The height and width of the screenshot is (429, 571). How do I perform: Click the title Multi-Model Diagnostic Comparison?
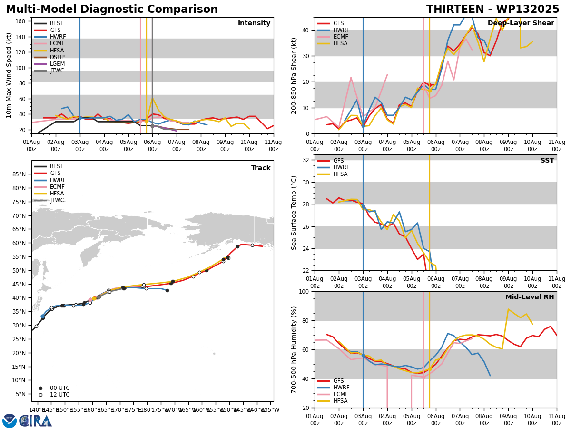tap(112, 9)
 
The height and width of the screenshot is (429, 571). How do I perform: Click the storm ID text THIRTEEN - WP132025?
tap(492, 9)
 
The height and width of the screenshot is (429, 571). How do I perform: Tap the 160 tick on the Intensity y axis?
tap(20, 21)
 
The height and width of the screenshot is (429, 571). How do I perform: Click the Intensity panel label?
tap(254, 23)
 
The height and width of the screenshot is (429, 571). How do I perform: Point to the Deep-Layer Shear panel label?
tap(521, 23)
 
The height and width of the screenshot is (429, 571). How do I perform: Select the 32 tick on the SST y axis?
tap(305, 160)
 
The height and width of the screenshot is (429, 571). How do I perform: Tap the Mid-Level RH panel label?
tap(530, 297)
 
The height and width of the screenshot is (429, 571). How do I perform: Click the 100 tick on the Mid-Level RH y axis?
tap(304, 292)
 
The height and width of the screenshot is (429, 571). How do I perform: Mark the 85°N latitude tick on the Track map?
tap(19, 174)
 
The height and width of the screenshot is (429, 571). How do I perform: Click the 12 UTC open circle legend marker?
tap(40, 395)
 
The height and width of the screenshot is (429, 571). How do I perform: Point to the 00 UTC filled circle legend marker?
tap(40, 388)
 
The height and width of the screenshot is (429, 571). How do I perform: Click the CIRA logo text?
tap(35, 421)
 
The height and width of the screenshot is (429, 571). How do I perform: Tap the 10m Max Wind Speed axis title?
tap(9, 75)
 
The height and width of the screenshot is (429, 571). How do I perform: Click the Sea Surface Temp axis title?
tap(294, 213)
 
